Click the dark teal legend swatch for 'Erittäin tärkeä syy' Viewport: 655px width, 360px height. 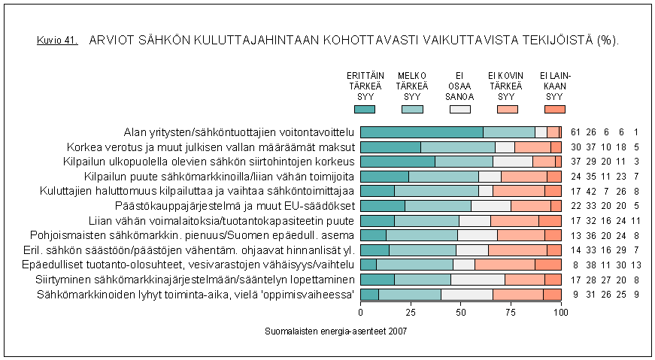364,110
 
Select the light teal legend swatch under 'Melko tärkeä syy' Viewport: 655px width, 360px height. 412,110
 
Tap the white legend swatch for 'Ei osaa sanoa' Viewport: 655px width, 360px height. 459,110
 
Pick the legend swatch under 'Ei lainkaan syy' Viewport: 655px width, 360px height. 555,110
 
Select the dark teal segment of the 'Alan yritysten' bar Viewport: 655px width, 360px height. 421,132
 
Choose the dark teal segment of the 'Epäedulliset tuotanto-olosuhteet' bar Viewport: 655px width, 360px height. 368,265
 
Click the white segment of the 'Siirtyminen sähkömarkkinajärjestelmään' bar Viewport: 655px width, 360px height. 478,279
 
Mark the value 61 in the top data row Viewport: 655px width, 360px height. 576,132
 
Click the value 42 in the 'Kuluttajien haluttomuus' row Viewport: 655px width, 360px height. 589,191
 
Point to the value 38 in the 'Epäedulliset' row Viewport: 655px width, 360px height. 589,265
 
